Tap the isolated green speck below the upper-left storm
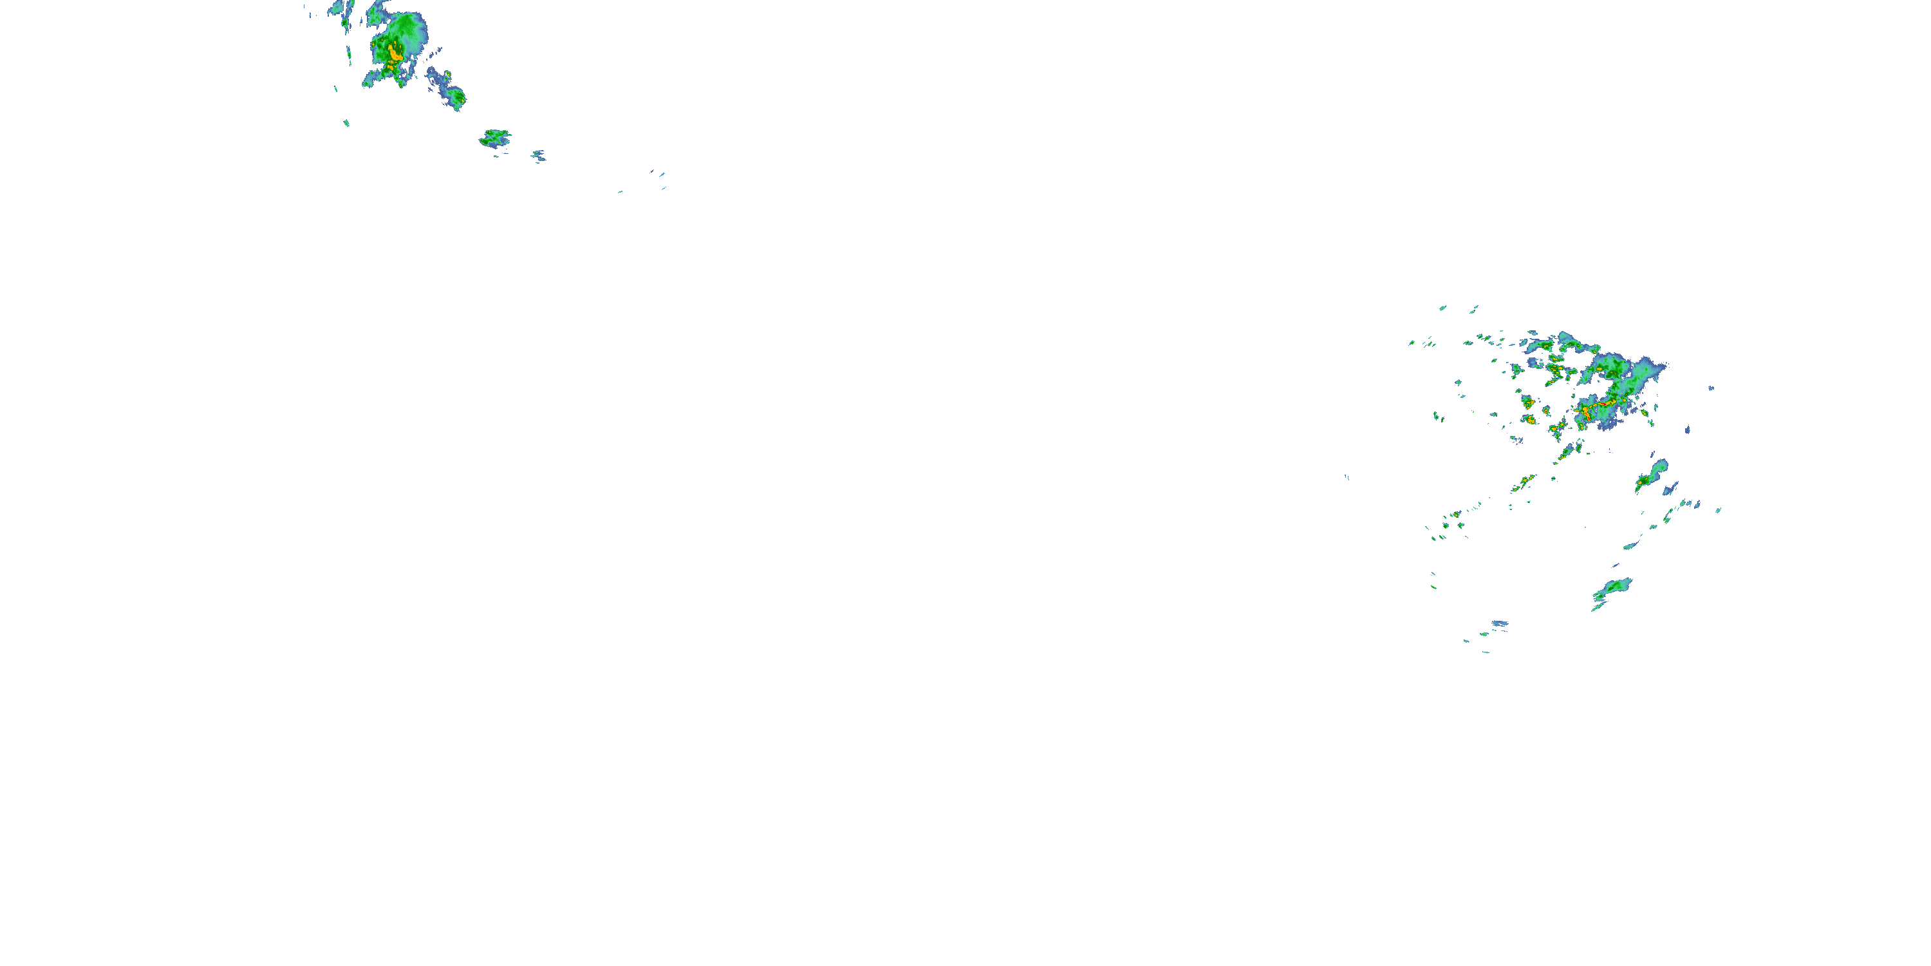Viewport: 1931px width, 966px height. click(x=346, y=122)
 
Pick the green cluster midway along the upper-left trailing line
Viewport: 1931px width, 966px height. click(x=495, y=137)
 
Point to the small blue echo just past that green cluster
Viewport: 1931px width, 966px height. click(x=538, y=156)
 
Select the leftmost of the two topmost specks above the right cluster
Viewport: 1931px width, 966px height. click(x=1443, y=307)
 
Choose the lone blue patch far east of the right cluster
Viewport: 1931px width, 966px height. click(x=1712, y=388)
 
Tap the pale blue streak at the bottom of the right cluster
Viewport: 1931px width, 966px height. click(x=1499, y=623)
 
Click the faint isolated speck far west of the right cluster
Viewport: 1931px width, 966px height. click(x=1347, y=477)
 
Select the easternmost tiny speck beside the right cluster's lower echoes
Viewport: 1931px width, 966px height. click(x=1718, y=510)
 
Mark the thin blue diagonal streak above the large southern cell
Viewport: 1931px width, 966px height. click(x=1631, y=544)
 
